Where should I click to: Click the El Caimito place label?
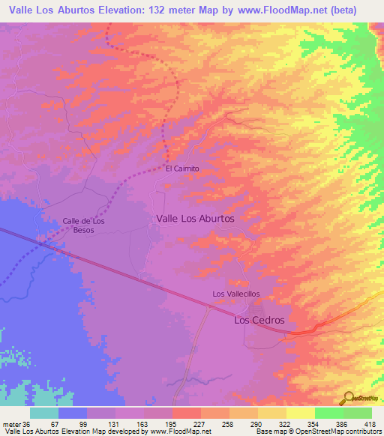pos(182,169)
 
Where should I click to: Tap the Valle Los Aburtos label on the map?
pos(195,218)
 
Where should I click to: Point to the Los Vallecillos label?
pos(236,294)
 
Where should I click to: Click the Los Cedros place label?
pos(259,320)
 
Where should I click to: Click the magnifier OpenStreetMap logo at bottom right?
pos(348,398)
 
